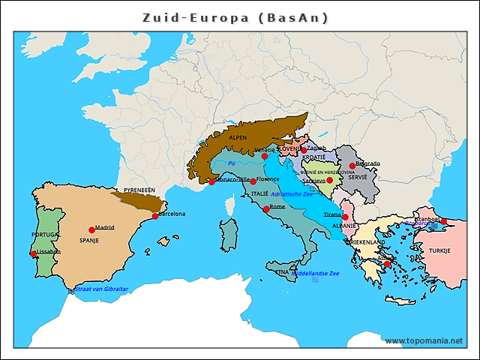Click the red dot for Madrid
pos(91,229)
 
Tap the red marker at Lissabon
pos(32,253)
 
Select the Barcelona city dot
pos(155,216)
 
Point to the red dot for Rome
pos(265,209)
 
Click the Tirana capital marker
pos(345,217)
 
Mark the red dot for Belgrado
pos(352,166)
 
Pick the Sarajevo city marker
pos(329,180)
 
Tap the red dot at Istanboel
pos(444,221)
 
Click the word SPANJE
pos(89,241)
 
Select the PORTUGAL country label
pos(46,234)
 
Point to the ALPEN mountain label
pos(237,138)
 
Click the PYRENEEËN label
pos(139,190)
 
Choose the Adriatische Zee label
pos(292,194)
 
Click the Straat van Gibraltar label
pos(102,289)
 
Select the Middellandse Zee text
pos(315,274)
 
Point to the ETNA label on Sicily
pos(282,271)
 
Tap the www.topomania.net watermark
pos(424,340)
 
